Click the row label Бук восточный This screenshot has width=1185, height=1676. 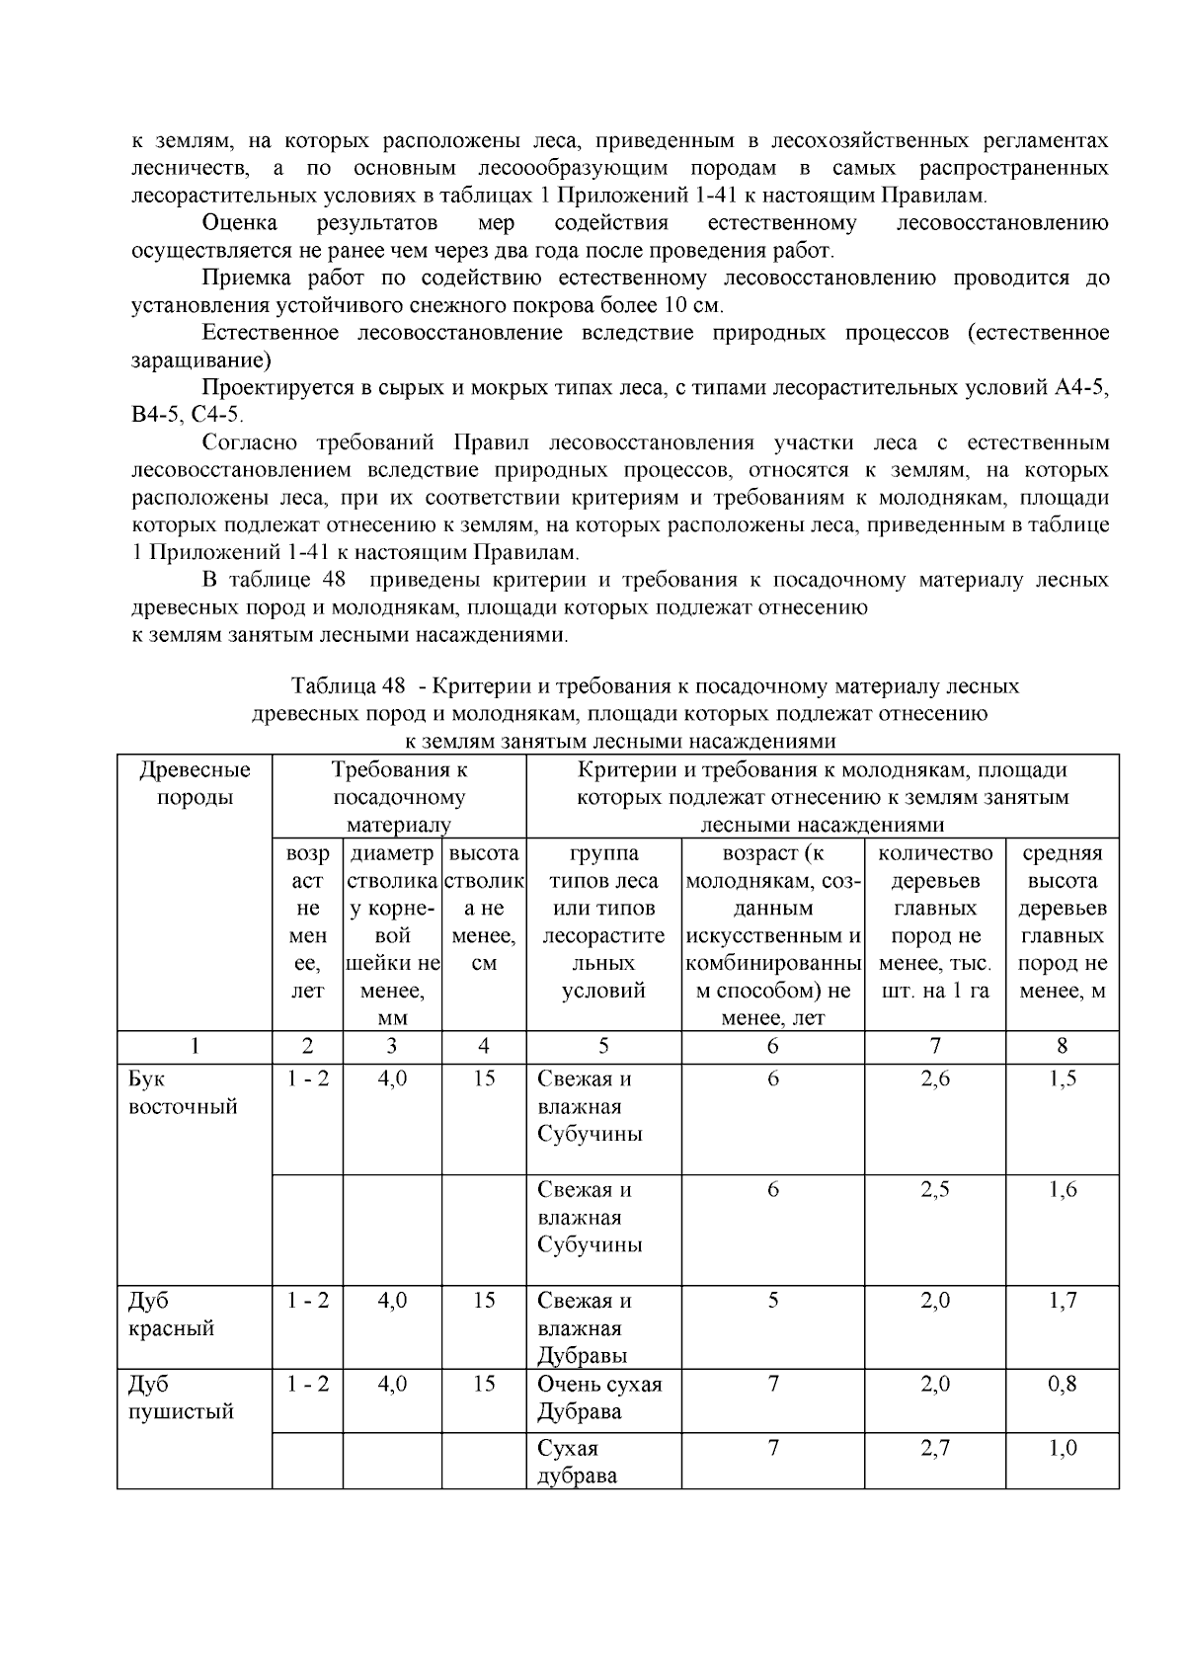pyautogui.click(x=183, y=1092)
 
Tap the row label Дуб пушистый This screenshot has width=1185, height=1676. pyautogui.click(x=181, y=1397)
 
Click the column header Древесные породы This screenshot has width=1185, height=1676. pyautogui.click(x=195, y=783)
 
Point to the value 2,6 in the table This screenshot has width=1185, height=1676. pyautogui.click(x=934, y=1078)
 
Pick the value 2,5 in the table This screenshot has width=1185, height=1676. pyautogui.click(x=934, y=1189)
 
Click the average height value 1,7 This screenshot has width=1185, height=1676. pyautogui.click(x=1062, y=1300)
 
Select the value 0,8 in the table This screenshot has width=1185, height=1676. pyautogui.click(x=1062, y=1383)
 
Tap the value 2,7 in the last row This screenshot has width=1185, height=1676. pyautogui.click(x=934, y=1448)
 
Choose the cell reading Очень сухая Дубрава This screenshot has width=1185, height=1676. pyautogui.click(x=598, y=1397)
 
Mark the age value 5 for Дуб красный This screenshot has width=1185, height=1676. pyautogui.click(x=772, y=1300)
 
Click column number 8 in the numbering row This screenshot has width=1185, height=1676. pyautogui.click(x=1062, y=1046)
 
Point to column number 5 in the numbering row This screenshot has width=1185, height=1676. pyautogui.click(x=603, y=1046)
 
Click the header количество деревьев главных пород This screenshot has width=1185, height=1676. pyautogui.click(x=934, y=920)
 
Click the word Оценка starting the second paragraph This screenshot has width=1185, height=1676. pyautogui.click(x=239, y=222)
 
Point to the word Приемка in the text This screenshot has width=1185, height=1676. pyautogui.click(x=242, y=278)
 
